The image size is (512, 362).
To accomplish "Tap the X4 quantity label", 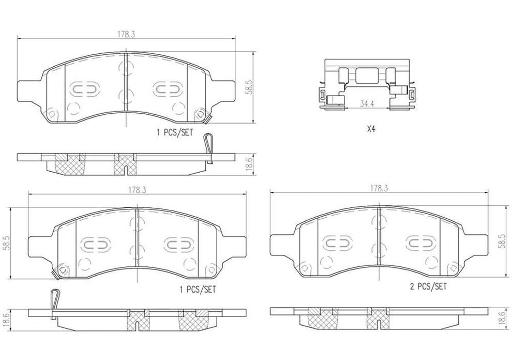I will (x=370, y=130).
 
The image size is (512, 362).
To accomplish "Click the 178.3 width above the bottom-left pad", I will (x=137, y=190).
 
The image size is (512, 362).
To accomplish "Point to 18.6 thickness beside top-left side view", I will (x=249, y=164).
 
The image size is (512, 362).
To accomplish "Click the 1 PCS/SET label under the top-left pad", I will (x=174, y=133).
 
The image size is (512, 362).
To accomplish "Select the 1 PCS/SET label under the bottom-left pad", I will (x=197, y=290).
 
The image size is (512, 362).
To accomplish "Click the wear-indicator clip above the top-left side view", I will (x=208, y=145).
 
